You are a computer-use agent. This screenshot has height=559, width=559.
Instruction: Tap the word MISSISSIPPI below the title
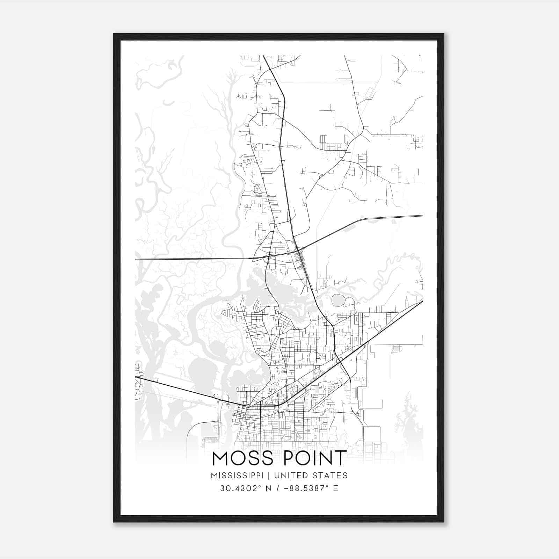(237, 475)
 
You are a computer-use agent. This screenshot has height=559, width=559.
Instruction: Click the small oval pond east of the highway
(338, 300)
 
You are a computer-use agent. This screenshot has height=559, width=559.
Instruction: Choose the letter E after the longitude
(336, 488)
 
